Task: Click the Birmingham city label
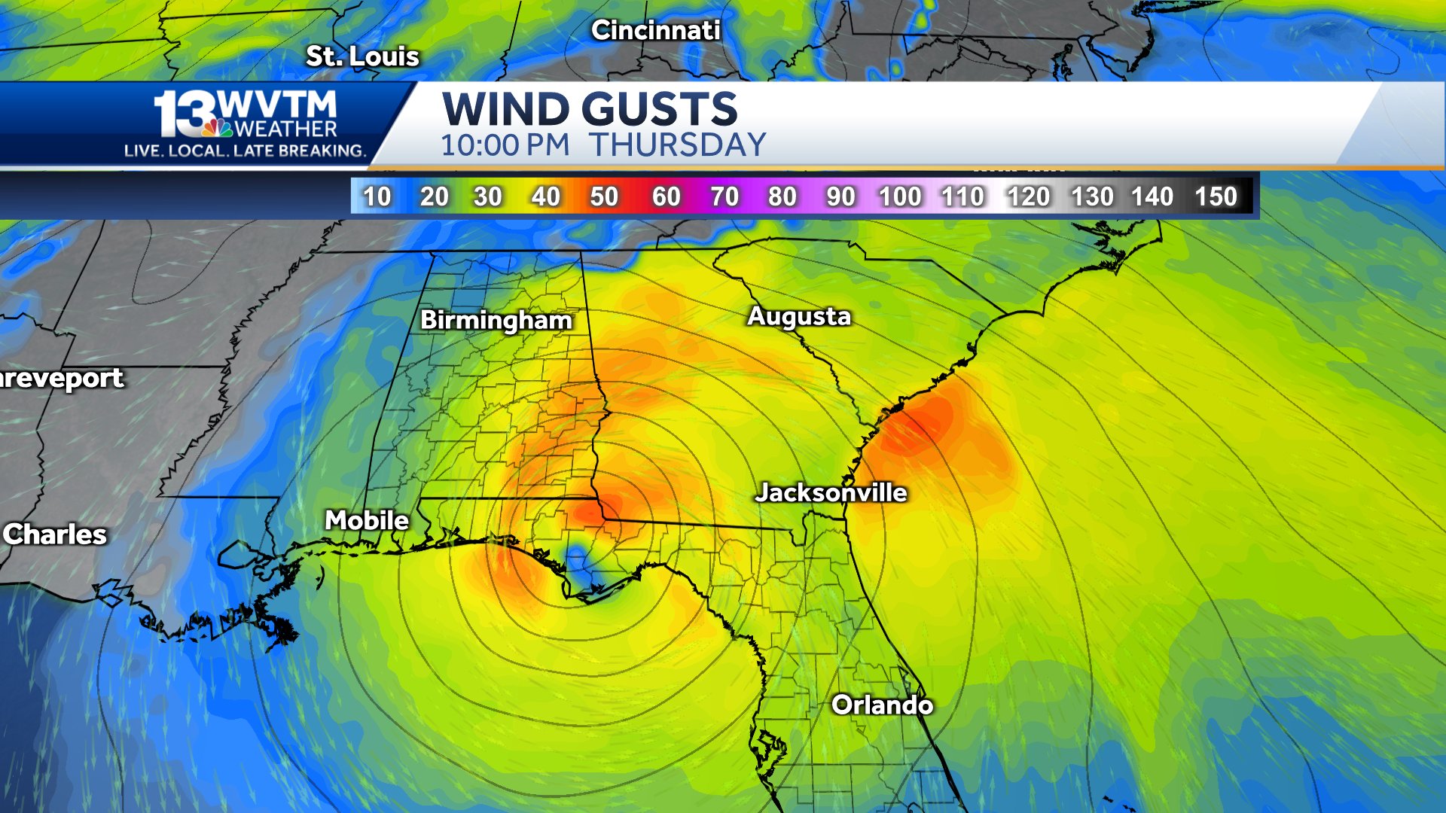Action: (496, 320)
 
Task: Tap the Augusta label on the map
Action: (798, 316)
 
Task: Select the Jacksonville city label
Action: (831, 492)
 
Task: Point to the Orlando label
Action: (882, 705)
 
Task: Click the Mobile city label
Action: (367, 520)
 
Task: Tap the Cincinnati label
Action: (655, 30)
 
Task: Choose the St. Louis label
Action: (362, 56)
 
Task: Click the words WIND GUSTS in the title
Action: (589, 109)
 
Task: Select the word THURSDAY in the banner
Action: (677, 145)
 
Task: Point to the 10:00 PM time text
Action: (505, 145)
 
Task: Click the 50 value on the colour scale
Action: (604, 196)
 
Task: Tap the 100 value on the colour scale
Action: (900, 196)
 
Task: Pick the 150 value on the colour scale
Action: (1216, 196)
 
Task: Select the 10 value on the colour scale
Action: (377, 196)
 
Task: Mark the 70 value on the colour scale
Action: (725, 196)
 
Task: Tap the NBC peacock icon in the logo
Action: (217, 128)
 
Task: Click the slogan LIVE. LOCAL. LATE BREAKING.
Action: (245, 151)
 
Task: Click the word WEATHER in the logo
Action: (286, 129)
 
